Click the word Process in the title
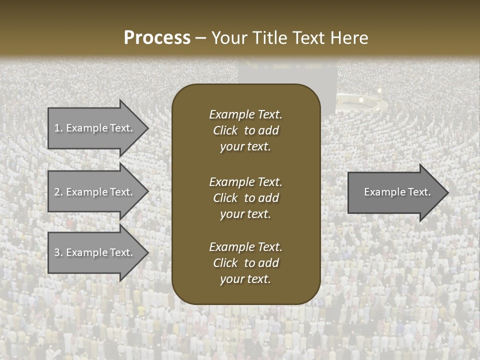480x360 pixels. click(x=157, y=38)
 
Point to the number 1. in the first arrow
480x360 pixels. click(x=58, y=128)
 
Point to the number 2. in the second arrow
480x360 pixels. click(x=58, y=192)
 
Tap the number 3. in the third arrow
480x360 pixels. click(x=58, y=252)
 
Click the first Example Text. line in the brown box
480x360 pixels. click(x=245, y=114)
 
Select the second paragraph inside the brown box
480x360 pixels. click(x=245, y=198)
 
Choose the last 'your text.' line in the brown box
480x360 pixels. click(x=245, y=279)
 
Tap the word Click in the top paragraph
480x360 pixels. click(x=225, y=130)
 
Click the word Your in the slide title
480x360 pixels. click(x=229, y=38)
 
